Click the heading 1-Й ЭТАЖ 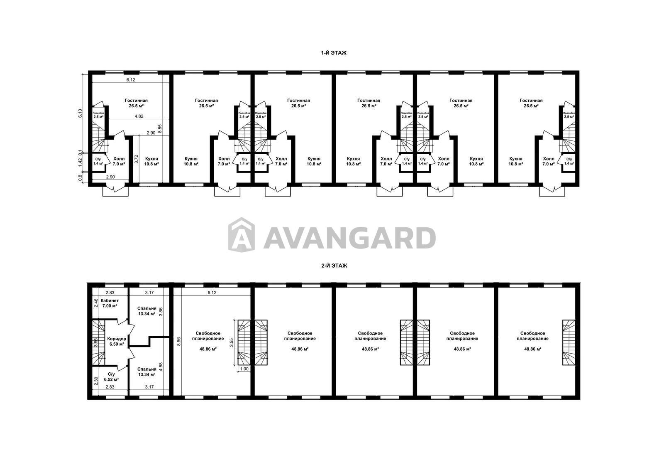pos(334,53)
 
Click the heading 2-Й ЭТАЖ pos(334,266)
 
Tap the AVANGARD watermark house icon pos(242,234)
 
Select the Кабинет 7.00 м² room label pos(110,303)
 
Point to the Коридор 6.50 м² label pos(117,342)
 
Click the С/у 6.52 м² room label pos(112,377)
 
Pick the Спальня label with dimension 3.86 pos(147,311)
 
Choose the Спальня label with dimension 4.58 pos(147,372)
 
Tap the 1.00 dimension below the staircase pos(244,369)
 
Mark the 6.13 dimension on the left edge pos(80,114)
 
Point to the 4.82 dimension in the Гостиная pos(139,116)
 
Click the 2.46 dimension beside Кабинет pos(96,303)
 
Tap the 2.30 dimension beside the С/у pos(96,381)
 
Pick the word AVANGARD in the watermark pos(349,238)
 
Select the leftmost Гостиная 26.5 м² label pos(136,103)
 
